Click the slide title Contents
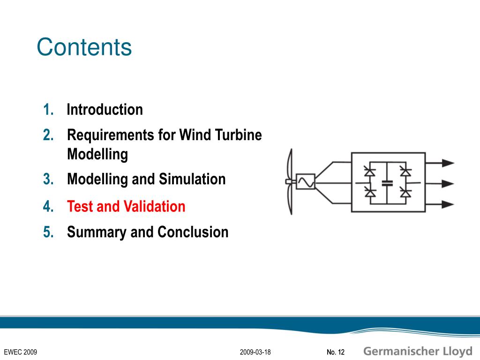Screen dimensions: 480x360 (84, 47)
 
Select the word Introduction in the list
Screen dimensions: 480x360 (105, 110)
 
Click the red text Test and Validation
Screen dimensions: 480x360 (126, 206)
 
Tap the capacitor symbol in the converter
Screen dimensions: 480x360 (387, 183)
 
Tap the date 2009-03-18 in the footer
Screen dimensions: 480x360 (255, 352)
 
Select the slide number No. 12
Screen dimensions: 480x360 (335, 352)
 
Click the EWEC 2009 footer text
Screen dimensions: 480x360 (20, 352)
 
